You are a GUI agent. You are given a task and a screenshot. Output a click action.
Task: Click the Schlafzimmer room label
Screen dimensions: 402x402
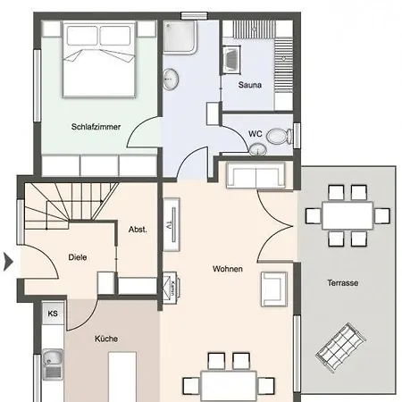[96, 127]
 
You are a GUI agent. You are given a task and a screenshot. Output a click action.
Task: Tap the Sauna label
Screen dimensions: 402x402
[250, 85]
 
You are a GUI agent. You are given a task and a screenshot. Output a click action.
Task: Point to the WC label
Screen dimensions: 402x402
[255, 134]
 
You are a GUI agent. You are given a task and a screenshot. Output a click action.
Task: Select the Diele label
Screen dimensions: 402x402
[78, 257]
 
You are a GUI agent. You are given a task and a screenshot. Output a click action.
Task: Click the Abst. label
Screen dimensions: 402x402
[138, 230]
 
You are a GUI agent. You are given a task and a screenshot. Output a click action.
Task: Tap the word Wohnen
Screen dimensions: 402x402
[228, 269]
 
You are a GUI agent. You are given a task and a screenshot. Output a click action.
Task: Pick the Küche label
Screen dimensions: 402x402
[106, 339]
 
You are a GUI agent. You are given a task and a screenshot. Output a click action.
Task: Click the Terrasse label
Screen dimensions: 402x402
[343, 283]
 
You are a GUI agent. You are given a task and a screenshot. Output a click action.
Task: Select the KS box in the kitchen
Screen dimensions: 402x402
[53, 314]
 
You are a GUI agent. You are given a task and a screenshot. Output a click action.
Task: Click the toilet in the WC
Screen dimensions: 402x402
[280, 137]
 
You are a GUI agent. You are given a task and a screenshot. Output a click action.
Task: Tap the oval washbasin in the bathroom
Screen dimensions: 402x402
[171, 79]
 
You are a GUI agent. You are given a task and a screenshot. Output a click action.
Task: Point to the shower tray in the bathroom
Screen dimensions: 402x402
[180, 38]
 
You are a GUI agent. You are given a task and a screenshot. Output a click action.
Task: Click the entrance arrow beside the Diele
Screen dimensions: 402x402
[8, 262]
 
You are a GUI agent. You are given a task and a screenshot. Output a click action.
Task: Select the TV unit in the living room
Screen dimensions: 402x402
[172, 224]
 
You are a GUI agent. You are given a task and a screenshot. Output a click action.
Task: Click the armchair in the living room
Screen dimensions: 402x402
[274, 289]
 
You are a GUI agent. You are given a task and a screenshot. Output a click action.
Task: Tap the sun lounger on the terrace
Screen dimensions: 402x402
[341, 348]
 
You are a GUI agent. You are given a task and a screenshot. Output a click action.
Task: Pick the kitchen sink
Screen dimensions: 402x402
[53, 364]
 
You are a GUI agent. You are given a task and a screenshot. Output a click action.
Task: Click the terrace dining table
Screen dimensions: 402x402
[348, 215]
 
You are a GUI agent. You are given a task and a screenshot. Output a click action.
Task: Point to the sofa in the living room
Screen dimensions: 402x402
[255, 175]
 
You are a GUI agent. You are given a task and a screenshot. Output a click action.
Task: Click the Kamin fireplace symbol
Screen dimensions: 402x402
[171, 288]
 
